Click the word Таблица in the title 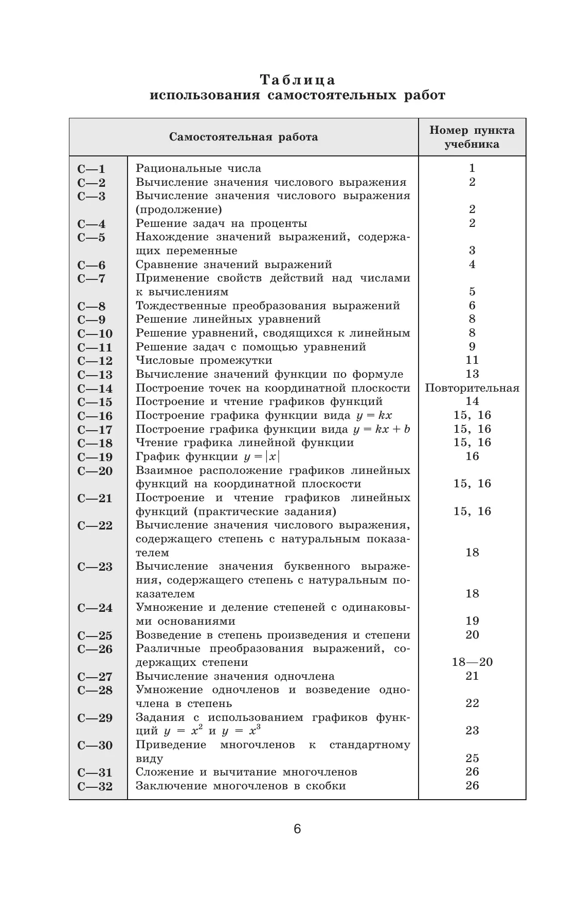tap(297, 80)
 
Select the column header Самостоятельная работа tap(243, 137)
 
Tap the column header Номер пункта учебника tap(472, 137)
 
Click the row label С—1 tap(91, 169)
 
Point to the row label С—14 tap(95, 389)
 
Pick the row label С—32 tap(95, 786)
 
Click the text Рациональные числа tap(198, 168)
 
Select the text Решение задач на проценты tap(221, 223)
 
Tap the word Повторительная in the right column tap(472, 388)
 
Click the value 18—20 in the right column tap(472, 662)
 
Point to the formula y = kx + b tap(381, 429)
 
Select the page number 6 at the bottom tap(297, 829)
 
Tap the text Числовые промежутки tap(204, 360)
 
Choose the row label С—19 tap(95, 457)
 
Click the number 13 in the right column tap(472, 374)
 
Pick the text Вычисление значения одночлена tap(235, 676)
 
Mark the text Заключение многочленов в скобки tap(241, 786)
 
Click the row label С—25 tap(95, 636)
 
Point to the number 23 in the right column tap(472, 731)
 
